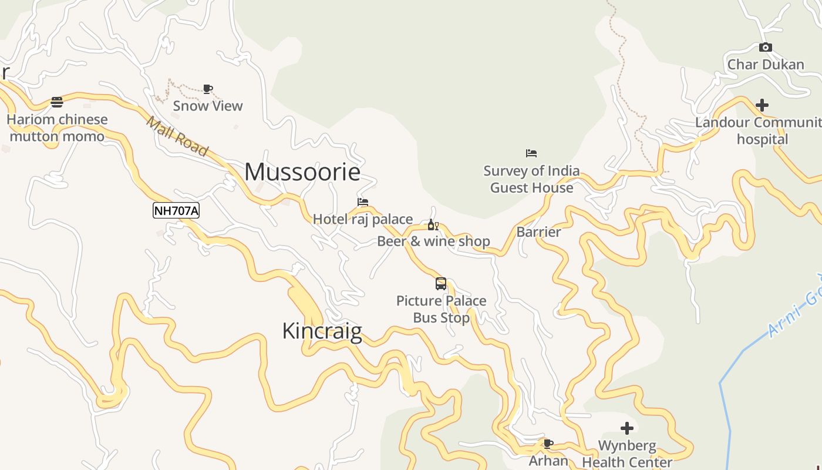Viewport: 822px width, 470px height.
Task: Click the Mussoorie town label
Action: [x=302, y=172]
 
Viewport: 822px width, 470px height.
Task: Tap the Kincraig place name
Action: [x=322, y=331]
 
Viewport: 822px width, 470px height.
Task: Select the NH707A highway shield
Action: [x=176, y=210]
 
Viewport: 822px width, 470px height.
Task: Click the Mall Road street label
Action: [x=177, y=136]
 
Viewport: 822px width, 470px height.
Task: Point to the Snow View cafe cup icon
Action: [x=208, y=89]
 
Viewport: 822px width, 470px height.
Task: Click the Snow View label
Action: [x=208, y=106]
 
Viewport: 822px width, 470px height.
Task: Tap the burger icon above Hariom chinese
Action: [x=57, y=102]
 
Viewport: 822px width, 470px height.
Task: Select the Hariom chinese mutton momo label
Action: [x=57, y=128]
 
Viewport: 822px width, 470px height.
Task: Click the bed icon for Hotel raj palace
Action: [x=363, y=202]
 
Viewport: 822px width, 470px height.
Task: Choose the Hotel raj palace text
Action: [x=363, y=219]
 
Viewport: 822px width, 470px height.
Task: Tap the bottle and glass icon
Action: [x=433, y=225]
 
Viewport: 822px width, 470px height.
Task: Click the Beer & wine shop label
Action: [x=433, y=241]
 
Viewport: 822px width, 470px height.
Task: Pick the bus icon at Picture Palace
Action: [x=441, y=284]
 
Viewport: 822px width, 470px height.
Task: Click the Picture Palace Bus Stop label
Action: [x=442, y=309]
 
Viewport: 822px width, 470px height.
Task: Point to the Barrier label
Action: [x=538, y=231]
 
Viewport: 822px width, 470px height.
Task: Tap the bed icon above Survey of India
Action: [x=531, y=153]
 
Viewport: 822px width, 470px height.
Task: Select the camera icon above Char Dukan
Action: [x=766, y=47]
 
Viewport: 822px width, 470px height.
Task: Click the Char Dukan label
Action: [x=766, y=64]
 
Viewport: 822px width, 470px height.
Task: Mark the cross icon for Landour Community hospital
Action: [x=762, y=105]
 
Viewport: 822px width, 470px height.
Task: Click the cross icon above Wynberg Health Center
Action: [x=627, y=428]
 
